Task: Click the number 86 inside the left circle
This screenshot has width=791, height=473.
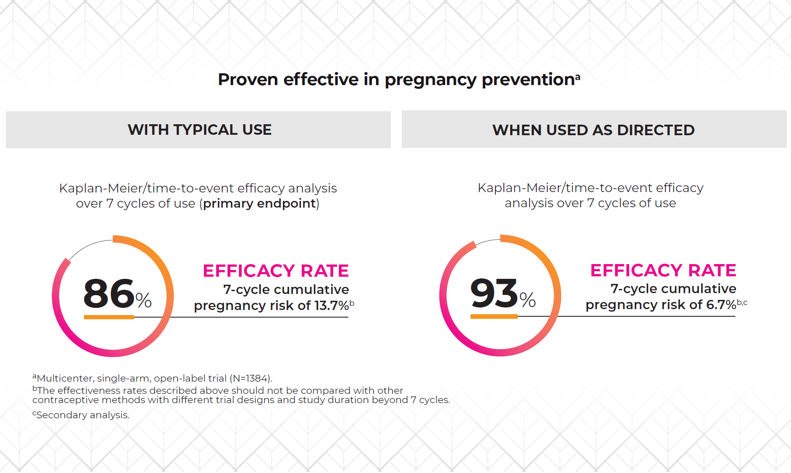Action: click(x=109, y=293)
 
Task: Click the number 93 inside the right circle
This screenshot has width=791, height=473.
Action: click(x=494, y=293)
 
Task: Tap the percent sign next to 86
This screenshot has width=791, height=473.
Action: click(x=143, y=300)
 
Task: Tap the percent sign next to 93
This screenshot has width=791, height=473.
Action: click(x=527, y=300)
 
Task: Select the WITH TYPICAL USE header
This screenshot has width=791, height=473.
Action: click(x=199, y=130)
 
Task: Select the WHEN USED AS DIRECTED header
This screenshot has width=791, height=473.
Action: click(x=593, y=130)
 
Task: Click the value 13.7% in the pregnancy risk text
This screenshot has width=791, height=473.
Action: click(x=331, y=305)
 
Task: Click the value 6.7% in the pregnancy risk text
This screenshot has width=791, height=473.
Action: click(x=721, y=305)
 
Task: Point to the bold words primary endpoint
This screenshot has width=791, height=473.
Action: click(x=259, y=203)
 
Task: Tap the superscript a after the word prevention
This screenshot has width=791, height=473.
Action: click(x=578, y=77)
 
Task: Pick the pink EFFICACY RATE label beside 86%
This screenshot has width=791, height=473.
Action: click(x=276, y=271)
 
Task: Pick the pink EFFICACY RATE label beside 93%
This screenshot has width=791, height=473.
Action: click(x=663, y=270)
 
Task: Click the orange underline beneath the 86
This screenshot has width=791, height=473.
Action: click(x=109, y=317)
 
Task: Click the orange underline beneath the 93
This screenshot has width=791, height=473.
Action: click(x=494, y=316)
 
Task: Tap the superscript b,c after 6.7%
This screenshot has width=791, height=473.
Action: click(x=742, y=302)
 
